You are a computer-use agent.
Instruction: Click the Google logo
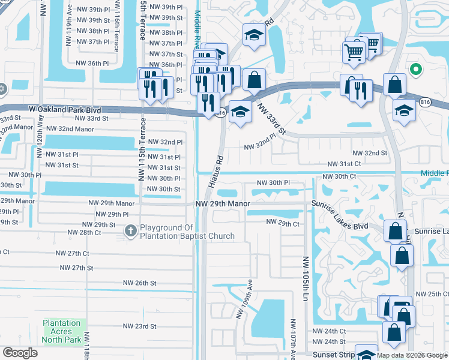pos(20,353)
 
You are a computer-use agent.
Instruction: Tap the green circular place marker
pos(415,70)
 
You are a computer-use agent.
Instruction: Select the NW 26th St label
pos(139,283)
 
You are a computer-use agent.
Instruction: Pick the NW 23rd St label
pos(139,326)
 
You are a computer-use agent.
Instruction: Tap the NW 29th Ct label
pos(283,224)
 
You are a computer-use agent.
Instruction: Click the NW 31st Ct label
pos(343,164)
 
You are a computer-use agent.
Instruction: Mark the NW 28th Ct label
pos(85,232)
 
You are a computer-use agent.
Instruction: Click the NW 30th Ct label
pos(340,176)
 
